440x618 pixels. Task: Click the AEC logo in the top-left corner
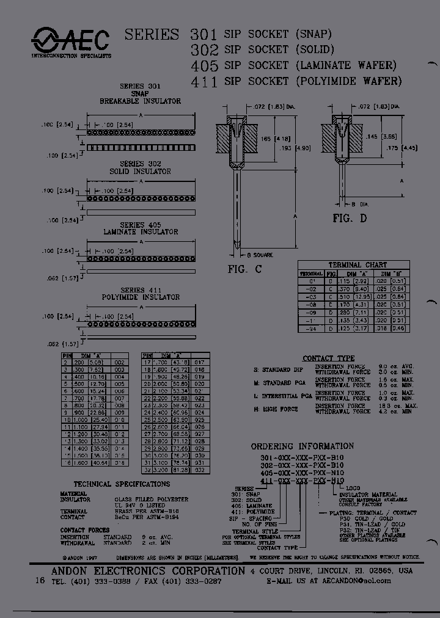point(71,42)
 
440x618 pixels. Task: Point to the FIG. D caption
point(350,219)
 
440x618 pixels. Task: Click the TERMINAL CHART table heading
point(358,264)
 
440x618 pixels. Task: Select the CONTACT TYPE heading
point(328,358)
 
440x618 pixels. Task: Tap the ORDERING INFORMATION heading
point(302,446)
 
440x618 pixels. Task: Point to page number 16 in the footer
point(40,581)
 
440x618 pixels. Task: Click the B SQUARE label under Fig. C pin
point(260,255)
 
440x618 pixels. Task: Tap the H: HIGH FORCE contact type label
point(277,409)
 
